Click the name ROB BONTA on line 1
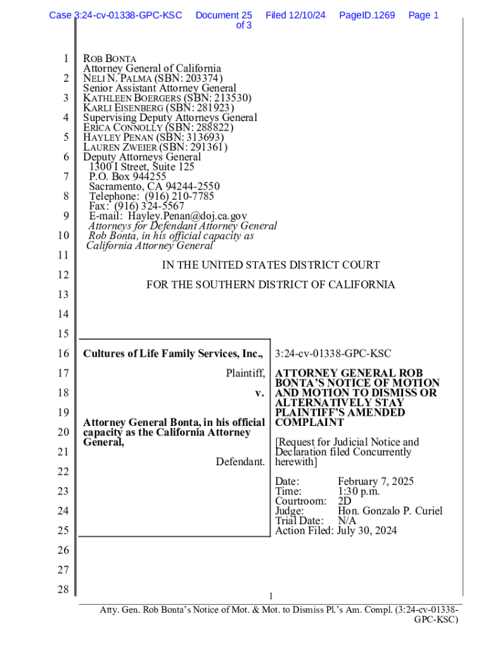[x=110, y=59]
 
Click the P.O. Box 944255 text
[x=127, y=177]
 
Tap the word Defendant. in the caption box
[x=240, y=462]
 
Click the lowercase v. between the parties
[x=259, y=394]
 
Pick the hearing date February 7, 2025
[x=375, y=482]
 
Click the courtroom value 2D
[x=345, y=501]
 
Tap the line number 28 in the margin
[x=61, y=589]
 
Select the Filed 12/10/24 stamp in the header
[x=295, y=15]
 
